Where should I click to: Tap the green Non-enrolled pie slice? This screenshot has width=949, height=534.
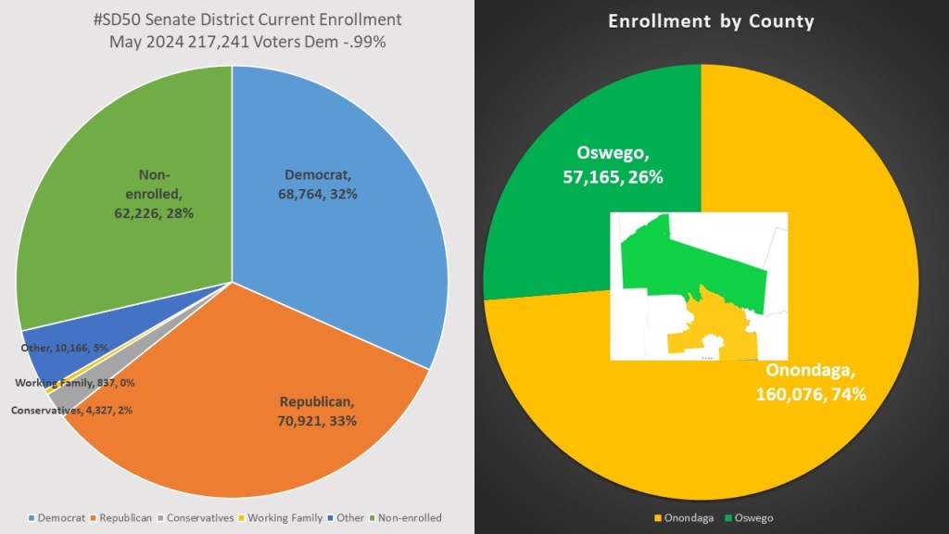point(120,185)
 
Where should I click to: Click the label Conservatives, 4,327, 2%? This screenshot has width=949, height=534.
point(71,410)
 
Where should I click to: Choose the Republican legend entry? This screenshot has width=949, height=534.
point(122,517)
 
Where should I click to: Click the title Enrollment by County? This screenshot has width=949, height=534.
point(711,21)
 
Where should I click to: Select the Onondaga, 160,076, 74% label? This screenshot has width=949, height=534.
point(816,383)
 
